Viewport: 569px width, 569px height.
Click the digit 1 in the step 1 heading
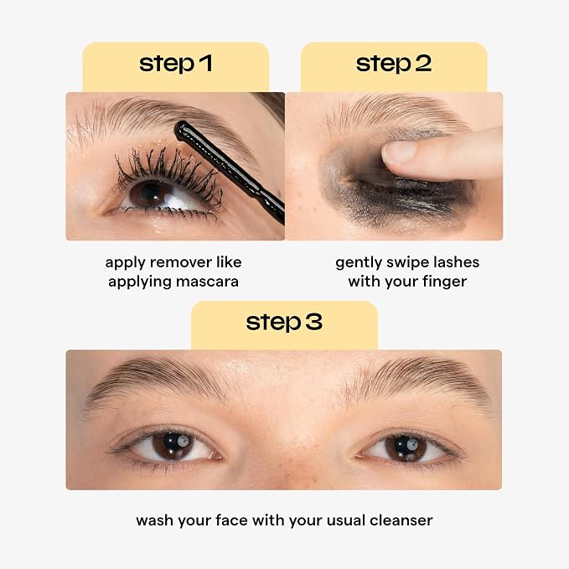(206, 63)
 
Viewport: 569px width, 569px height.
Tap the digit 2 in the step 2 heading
(422, 63)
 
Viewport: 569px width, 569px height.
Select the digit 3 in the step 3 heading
(313, 322)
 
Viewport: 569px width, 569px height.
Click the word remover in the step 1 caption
(181, 262)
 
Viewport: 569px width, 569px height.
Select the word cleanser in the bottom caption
(401, 520)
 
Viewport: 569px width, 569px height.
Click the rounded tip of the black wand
(180, 129)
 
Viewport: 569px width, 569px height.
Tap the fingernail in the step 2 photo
(398, 152)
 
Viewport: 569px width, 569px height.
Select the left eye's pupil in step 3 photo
(172, 443)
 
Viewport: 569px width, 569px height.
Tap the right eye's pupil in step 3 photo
(405, 446)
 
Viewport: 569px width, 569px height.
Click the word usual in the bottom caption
(346, 520)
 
